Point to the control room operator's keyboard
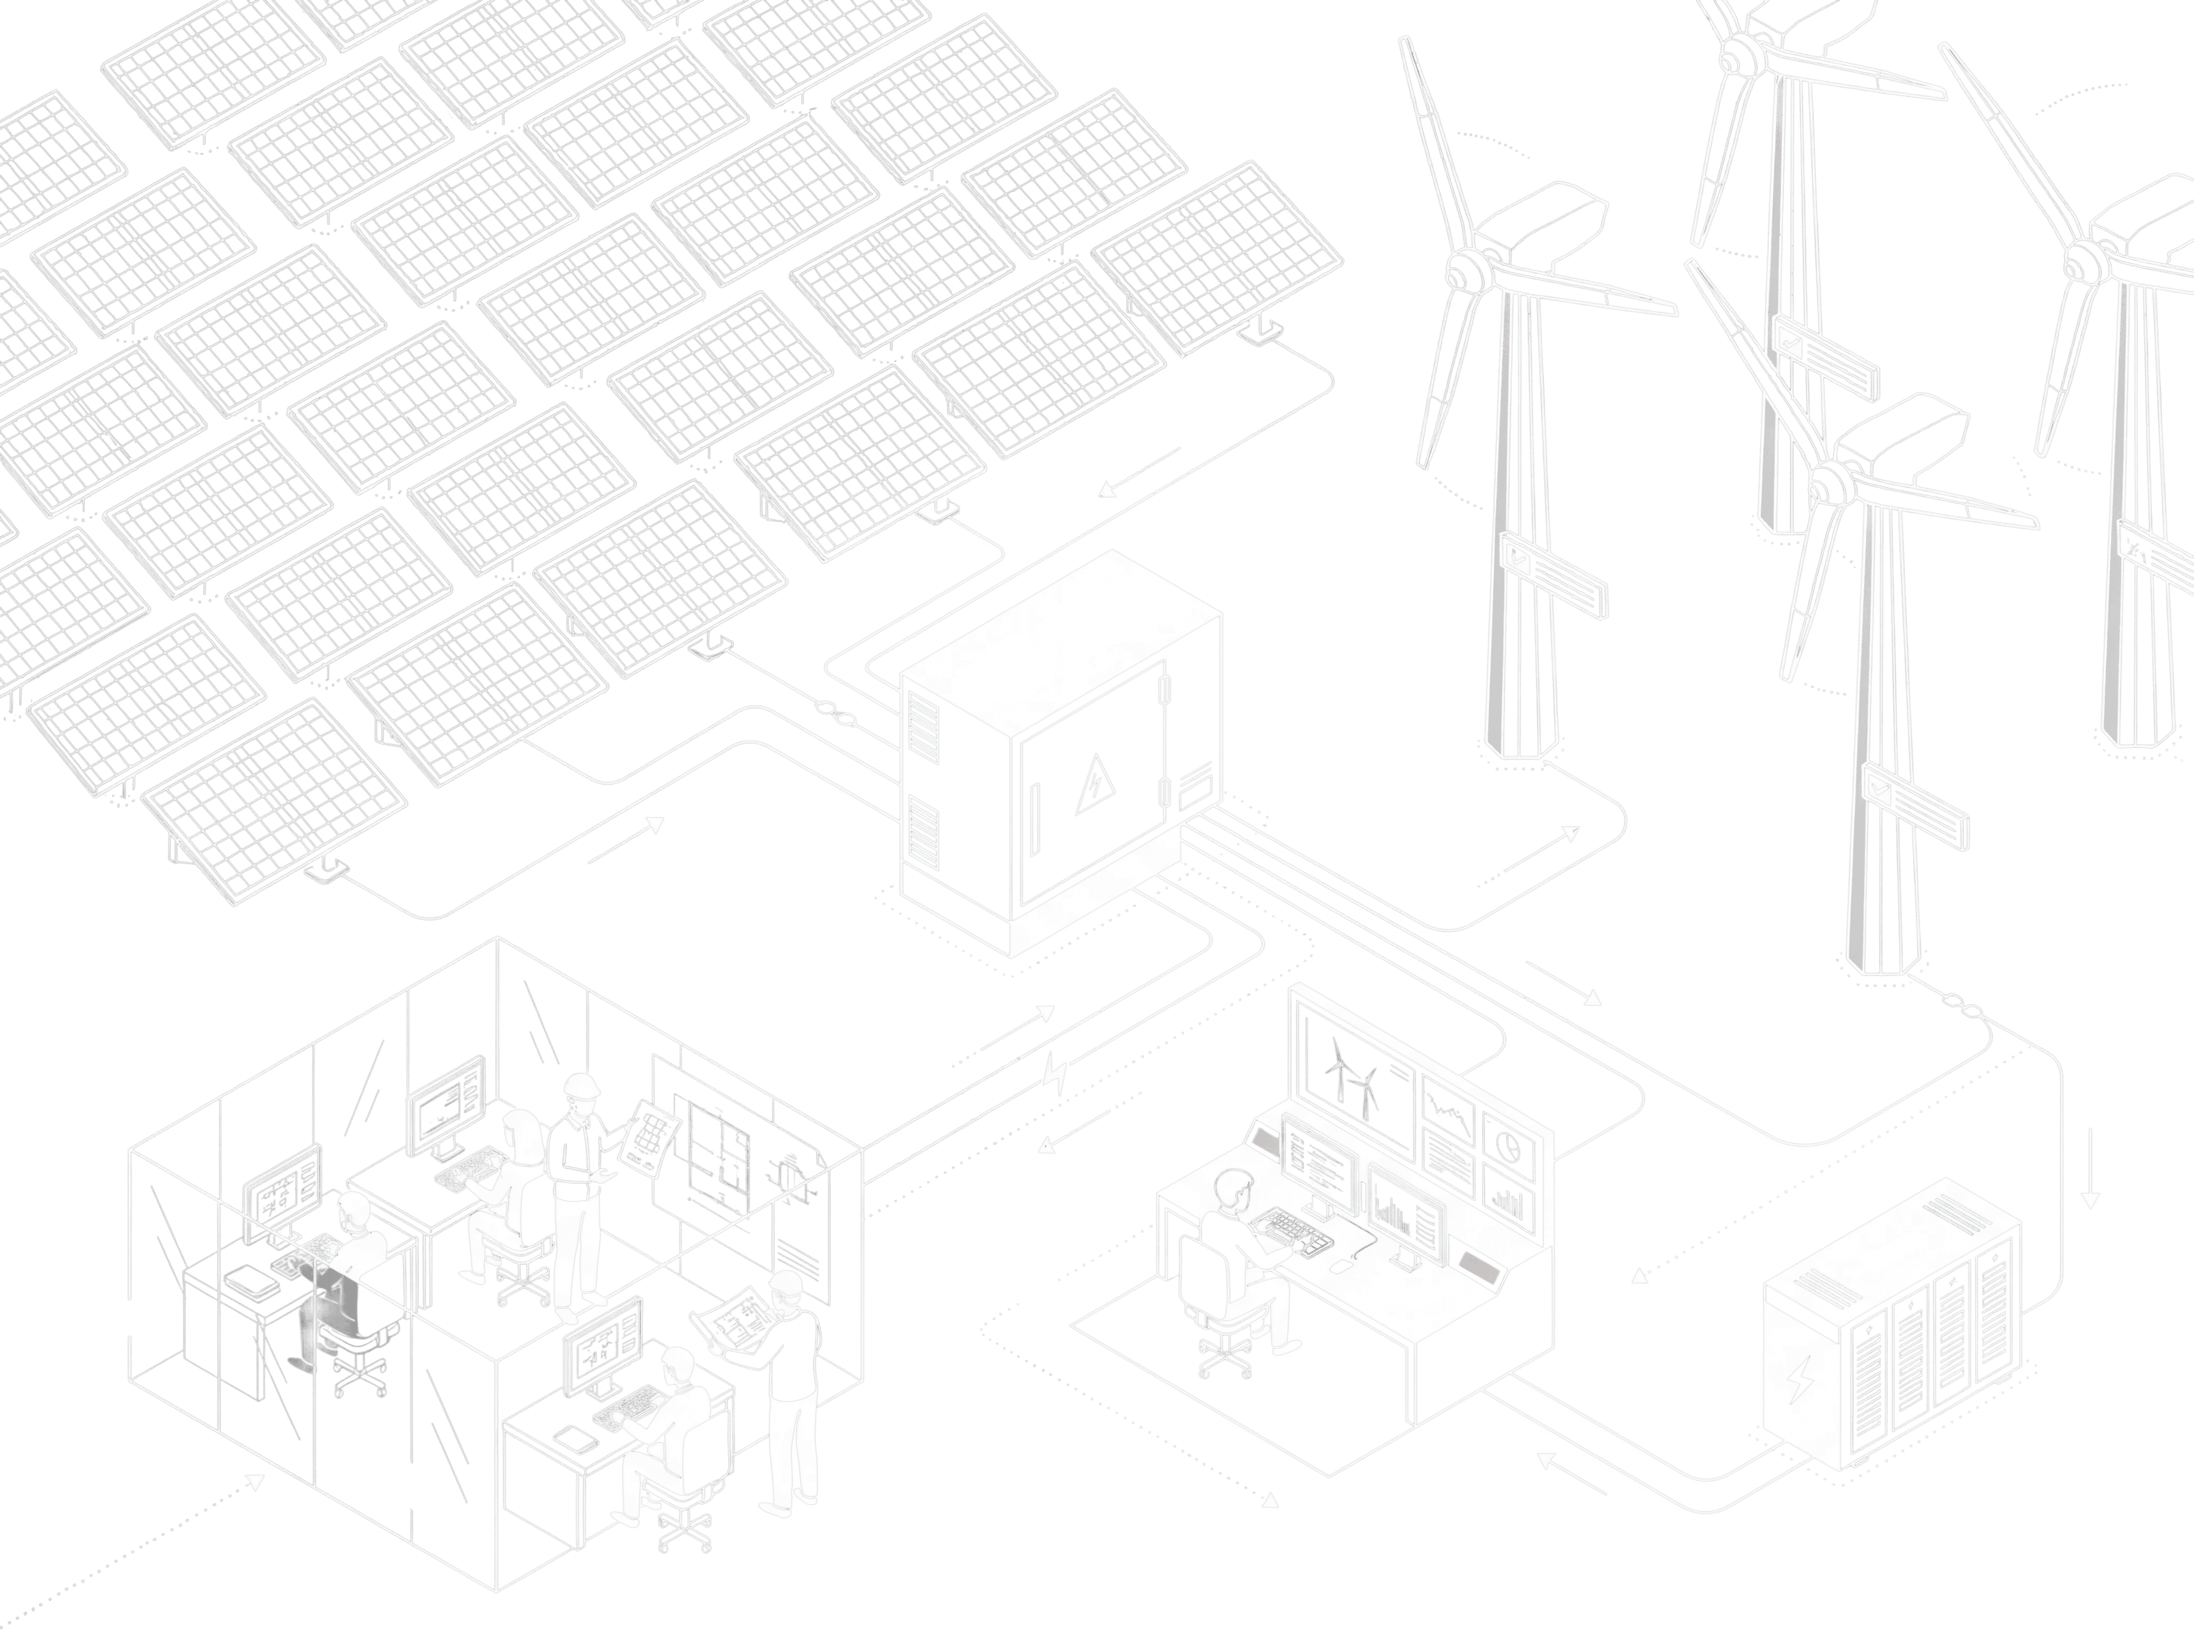coord(1289,1229)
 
